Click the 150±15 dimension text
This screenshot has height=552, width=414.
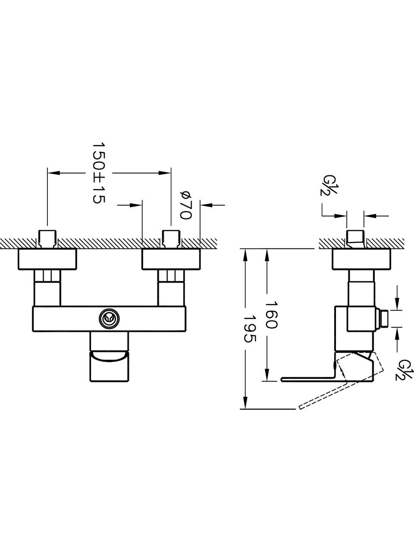click(98, 173)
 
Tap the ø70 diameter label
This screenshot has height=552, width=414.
click(186, 205)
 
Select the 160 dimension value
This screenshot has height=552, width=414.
click(271, 314)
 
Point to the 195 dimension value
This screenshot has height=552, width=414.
click(250, 329)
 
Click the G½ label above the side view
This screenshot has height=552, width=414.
click(328, 185)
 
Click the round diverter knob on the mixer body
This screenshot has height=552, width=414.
click(109, 319)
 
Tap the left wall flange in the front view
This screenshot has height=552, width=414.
click(47, 259)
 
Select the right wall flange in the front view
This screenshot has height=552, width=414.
click(171, 259)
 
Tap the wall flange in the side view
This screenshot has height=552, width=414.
click(361, 259)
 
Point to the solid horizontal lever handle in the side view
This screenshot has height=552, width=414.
click(308, 379)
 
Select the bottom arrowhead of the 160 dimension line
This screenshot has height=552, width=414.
click(267, 375)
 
